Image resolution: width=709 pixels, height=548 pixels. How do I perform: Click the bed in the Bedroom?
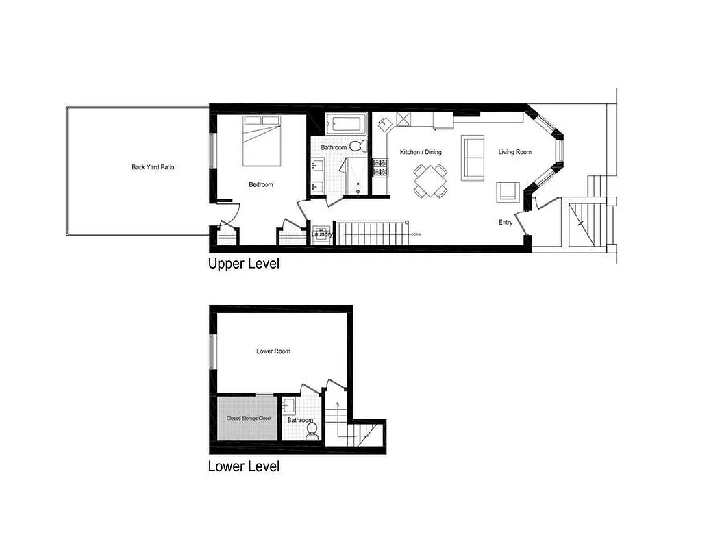tap(262, 140)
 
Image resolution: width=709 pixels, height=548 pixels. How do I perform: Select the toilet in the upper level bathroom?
tap(356, 146)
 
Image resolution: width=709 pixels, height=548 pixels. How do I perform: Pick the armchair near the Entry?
tap(507, 192)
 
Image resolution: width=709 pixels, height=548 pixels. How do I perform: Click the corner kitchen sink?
tap(383, 125)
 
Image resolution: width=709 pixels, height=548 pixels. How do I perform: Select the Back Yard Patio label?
tap(153, 166)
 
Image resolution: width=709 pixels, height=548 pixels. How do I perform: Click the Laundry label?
tap(322, 234)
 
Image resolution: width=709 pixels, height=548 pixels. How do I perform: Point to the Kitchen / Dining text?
tap(421, 152)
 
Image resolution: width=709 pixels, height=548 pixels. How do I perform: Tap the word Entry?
tap(505, 223)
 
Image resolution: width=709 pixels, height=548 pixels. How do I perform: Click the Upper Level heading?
tap(244, 264)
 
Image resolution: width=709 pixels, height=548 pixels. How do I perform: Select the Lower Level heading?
tap(244, 466)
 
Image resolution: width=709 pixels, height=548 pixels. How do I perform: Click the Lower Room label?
tap(273, 351)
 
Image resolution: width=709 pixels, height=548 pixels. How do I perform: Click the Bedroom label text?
tap(260, 184)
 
